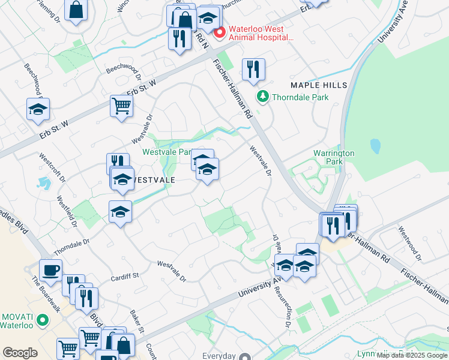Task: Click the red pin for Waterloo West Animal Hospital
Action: click(220, 32)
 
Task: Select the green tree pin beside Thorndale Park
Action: click(262, 96)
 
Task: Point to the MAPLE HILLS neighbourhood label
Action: click(319, 86)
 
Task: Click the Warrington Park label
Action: click(334, 157)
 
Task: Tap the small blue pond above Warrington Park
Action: click(375, 146)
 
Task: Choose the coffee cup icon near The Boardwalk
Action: click(50, 270)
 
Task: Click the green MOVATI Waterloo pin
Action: click(42, 320)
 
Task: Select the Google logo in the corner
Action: click(20, 353)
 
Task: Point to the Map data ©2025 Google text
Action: click(412, 355)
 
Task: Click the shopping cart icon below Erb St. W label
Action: click(121, 107)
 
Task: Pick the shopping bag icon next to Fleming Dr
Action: click(76, 10)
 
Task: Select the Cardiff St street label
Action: click(125, 277)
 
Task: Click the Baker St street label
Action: click(137, 322)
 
